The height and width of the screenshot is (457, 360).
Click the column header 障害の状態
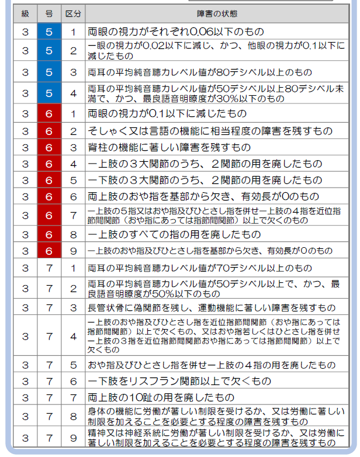point(217,13)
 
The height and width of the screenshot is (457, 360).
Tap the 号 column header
point(49,13)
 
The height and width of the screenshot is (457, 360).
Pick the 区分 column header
point(73,13)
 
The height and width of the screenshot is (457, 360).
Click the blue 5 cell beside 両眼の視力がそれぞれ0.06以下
point(49,32)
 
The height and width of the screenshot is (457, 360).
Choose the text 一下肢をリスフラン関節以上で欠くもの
point(179,381)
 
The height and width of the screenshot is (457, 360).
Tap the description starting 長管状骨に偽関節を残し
point(211,307)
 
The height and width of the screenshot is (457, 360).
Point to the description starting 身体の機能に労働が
point(214,417)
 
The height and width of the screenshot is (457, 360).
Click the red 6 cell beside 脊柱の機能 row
point(49,147)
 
